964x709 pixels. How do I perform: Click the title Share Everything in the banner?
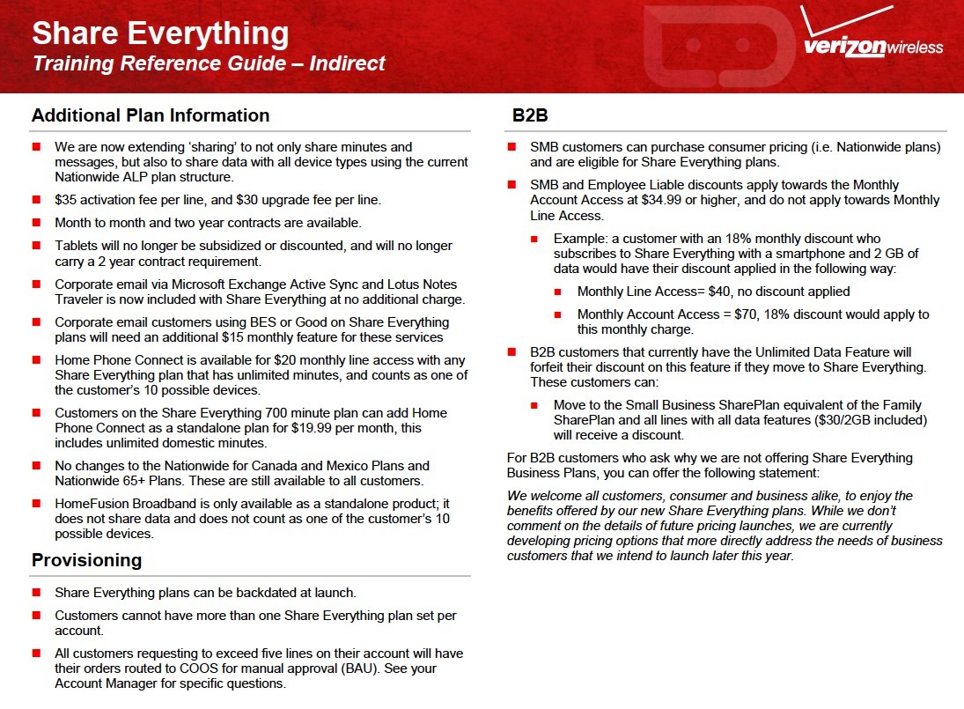[x=160, y=33]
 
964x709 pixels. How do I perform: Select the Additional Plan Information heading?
[x=151, y=115]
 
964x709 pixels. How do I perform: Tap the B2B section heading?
[x=531, y=115]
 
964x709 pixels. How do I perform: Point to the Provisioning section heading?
[x=86, y=561]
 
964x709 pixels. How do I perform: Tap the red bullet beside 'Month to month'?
[x=36, y=224]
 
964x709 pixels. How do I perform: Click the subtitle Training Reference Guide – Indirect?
[x=209, y=64]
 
